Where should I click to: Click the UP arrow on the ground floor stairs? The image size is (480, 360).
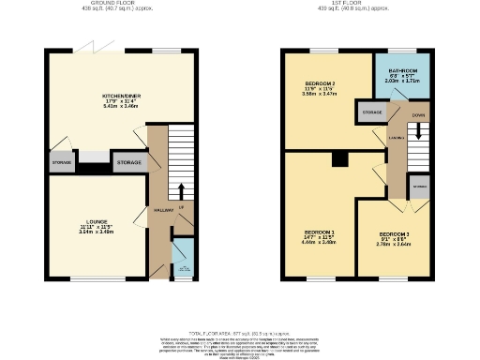tap(181, 206)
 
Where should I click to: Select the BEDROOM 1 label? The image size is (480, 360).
tap(320, 234)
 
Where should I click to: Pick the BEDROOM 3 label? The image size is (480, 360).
tap(394, 238)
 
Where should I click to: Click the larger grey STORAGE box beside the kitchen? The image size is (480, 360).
tap(128, 162)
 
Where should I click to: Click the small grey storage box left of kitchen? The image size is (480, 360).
tap(61, 163)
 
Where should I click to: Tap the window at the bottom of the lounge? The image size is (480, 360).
tap(94, 278)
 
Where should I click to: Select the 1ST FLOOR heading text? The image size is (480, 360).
tap(355, 5)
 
